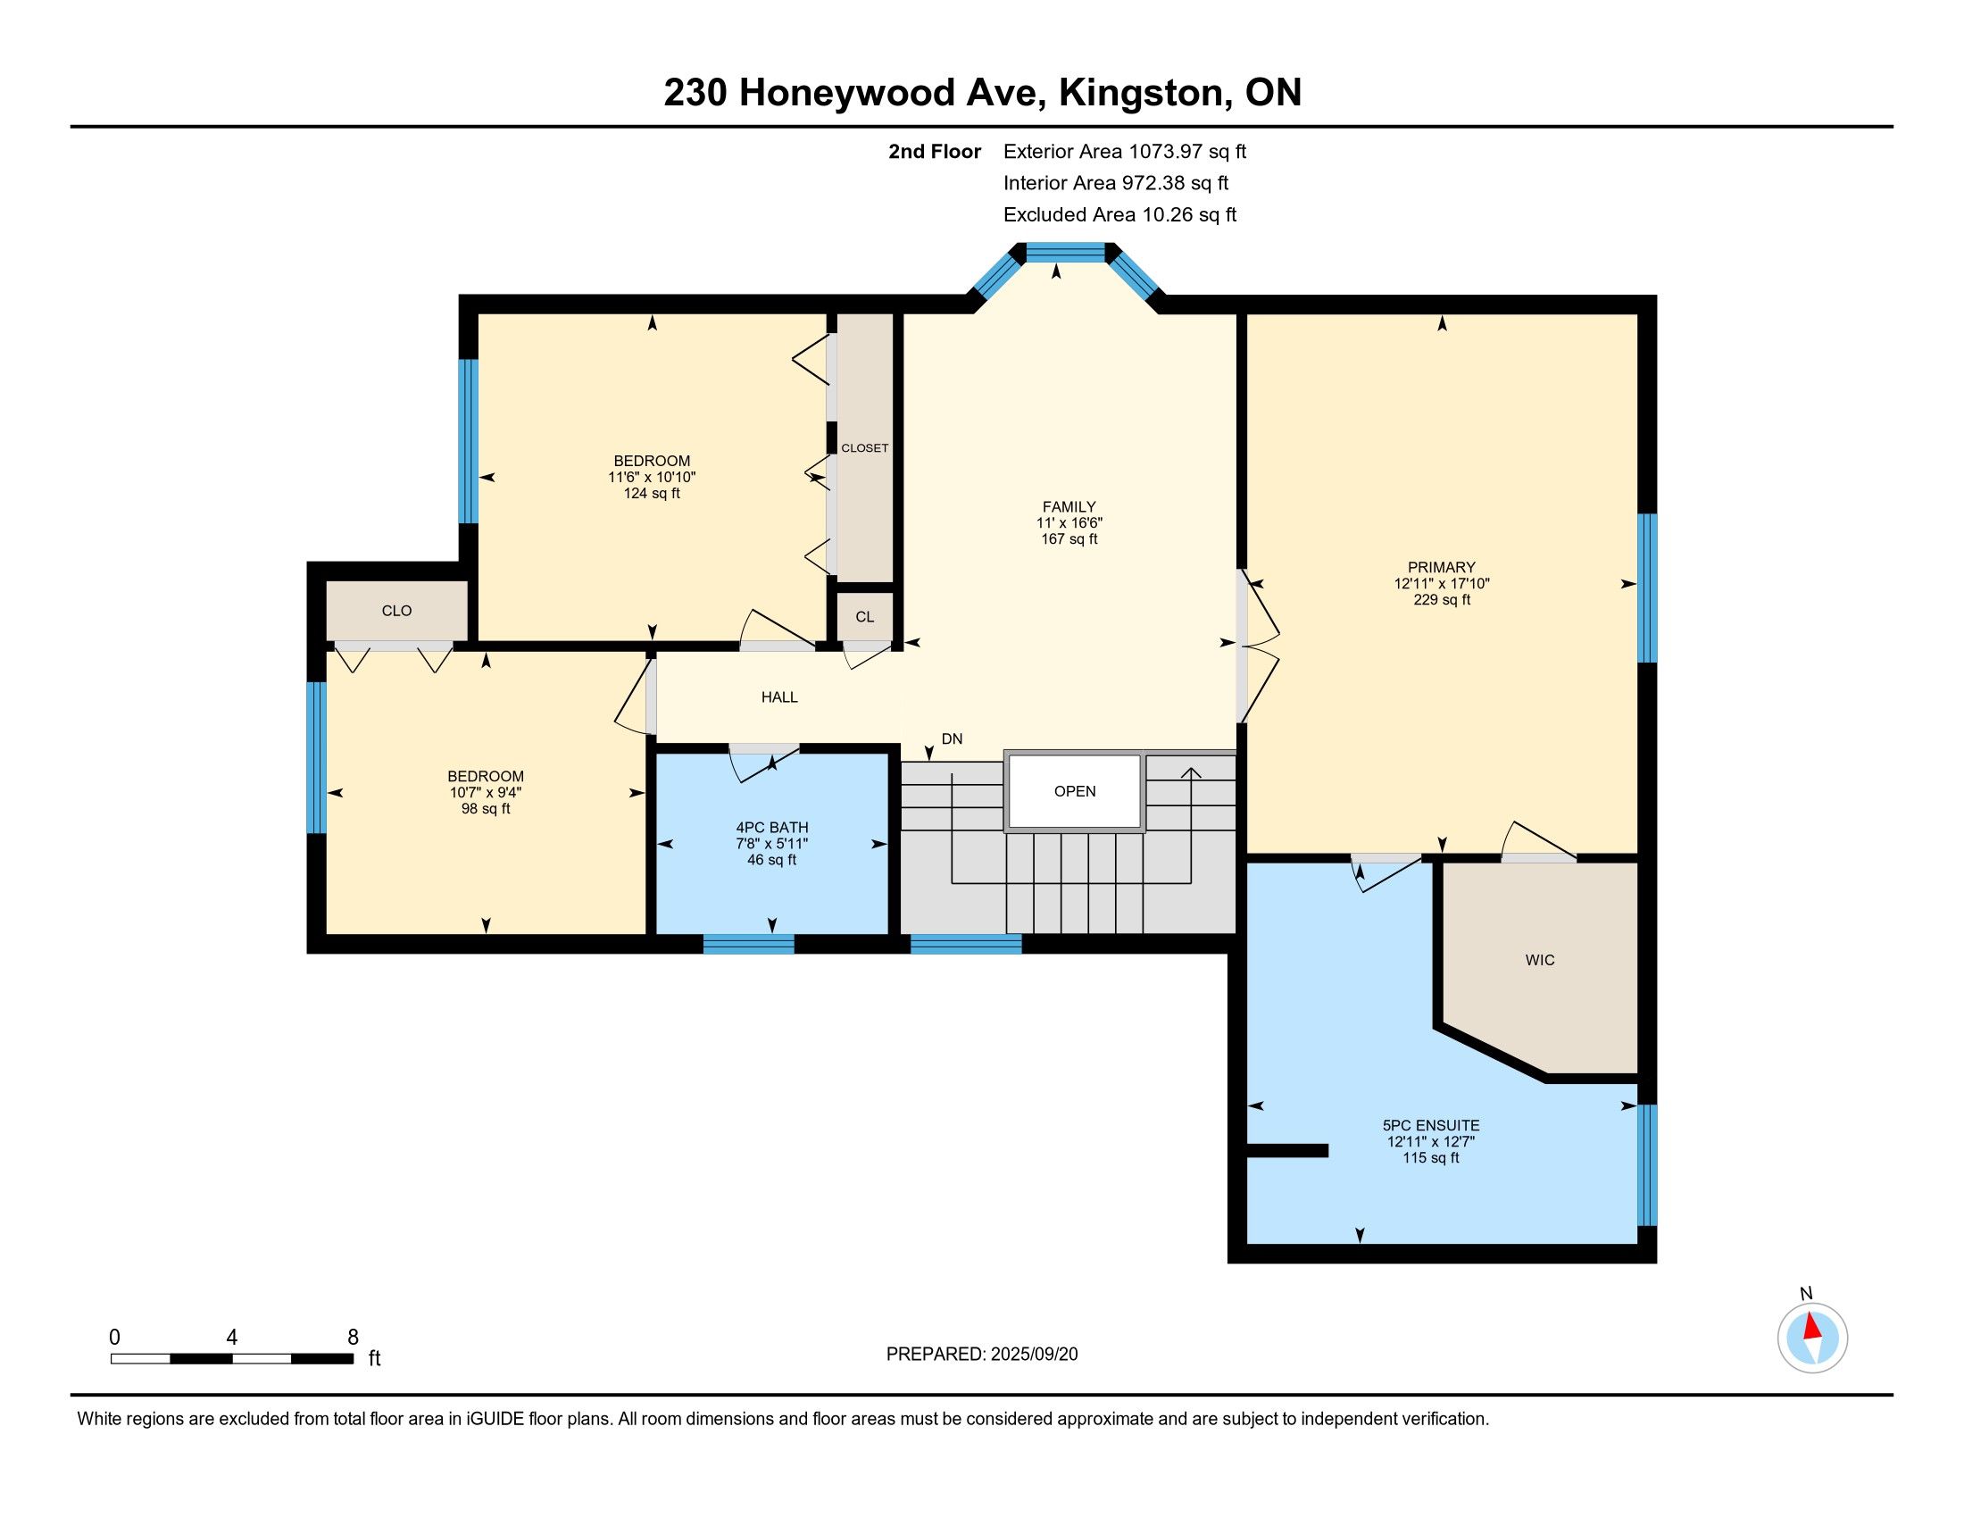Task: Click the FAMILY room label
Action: [1069, 506]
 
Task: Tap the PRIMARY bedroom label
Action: [1442, 567]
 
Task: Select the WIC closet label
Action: [1540, 961]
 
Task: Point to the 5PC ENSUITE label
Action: [1431, 1125]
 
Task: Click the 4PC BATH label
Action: [771, 828]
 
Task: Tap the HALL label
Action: [779, 697]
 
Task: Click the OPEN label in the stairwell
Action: [1075, 791]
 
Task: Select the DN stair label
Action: [952, 739]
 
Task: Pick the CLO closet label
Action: [396, 612]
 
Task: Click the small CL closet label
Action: [864, 617]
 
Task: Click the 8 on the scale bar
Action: [353, 1338]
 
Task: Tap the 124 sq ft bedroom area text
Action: [652, 494]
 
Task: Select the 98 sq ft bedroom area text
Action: [486, 808]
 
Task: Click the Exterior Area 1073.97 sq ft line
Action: [1125, 152]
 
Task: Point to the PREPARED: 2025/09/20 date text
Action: [982, 1355]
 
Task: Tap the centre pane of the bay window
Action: [1066, 253]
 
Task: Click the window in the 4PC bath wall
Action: [748, 943]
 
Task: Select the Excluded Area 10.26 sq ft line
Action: [1120, 215]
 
